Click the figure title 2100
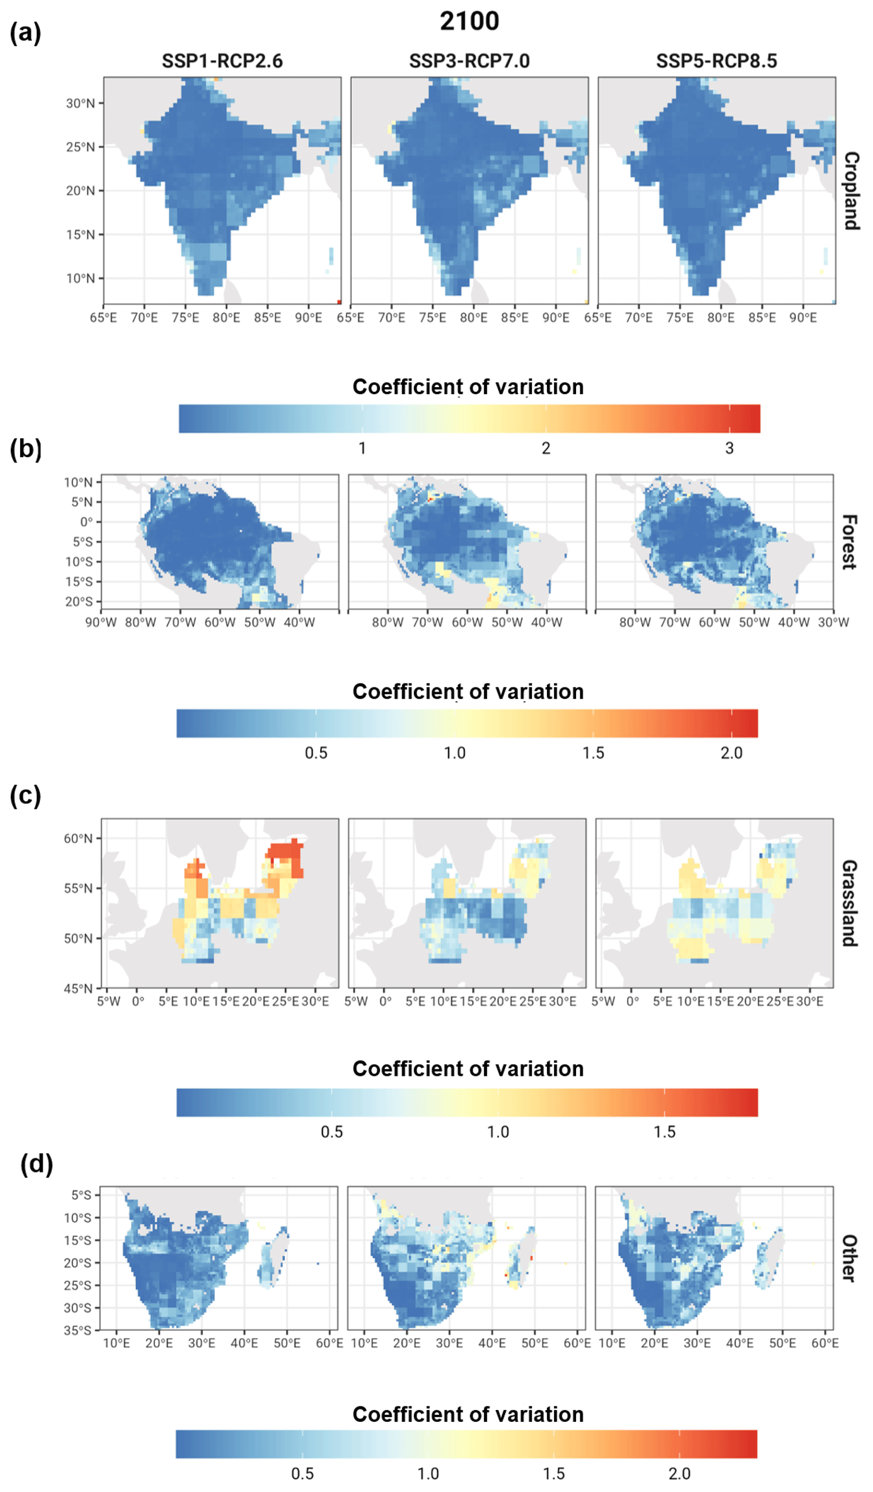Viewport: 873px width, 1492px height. pos(469,21)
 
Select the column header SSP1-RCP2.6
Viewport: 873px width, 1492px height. pos(222,61)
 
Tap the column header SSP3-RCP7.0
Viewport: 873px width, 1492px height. pos(469,61)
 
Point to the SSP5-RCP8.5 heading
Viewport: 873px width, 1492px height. pos(716,61)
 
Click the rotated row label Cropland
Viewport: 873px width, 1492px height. pos(852,191)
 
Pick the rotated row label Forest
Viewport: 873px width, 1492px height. pos(849,542)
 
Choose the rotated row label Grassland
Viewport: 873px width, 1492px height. pos(849,902)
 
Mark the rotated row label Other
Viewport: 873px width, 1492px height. pos(849,1258)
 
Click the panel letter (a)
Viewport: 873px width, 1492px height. pos(26,33)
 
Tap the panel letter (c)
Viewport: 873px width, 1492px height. pos(26,796)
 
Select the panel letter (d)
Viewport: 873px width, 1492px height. pos(37,1164)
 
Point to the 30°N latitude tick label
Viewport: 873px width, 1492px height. pos(80,103)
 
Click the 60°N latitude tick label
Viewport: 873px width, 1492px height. pos(78,838)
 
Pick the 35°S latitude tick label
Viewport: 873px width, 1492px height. pos(78,1330)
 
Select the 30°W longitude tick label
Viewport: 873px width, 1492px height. pos(833,622)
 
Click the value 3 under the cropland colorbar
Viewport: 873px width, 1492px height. pos(729,448)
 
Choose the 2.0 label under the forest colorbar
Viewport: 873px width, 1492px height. pos(731,753)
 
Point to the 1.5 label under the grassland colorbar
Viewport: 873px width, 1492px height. pos(665,1132)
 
